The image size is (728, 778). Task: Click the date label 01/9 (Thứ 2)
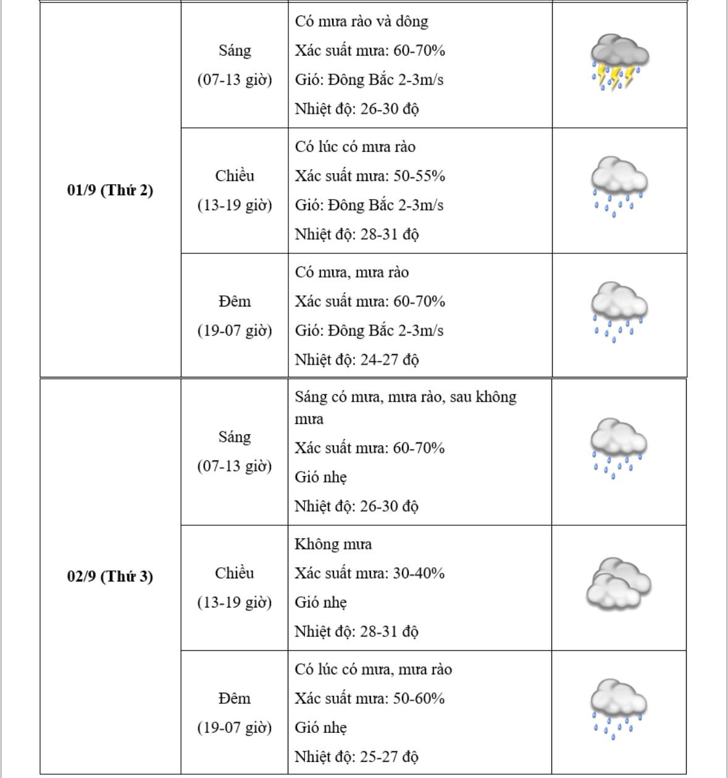110,190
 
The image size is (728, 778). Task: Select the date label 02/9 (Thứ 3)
110,577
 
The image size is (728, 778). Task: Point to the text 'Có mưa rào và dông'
361,22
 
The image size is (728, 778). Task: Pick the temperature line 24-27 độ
356,360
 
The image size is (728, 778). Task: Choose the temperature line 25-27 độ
356,756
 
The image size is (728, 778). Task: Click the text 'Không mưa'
333,544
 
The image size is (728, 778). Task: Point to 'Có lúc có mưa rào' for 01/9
355,147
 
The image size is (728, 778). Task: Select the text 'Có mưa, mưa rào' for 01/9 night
351,273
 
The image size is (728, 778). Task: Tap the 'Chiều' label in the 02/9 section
235,573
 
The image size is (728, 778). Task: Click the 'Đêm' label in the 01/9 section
235,302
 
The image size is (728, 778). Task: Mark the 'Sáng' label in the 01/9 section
235,51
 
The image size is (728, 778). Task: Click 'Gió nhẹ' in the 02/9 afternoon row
320,603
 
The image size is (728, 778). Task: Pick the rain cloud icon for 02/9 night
618,709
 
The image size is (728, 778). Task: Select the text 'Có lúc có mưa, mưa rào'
373,670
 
